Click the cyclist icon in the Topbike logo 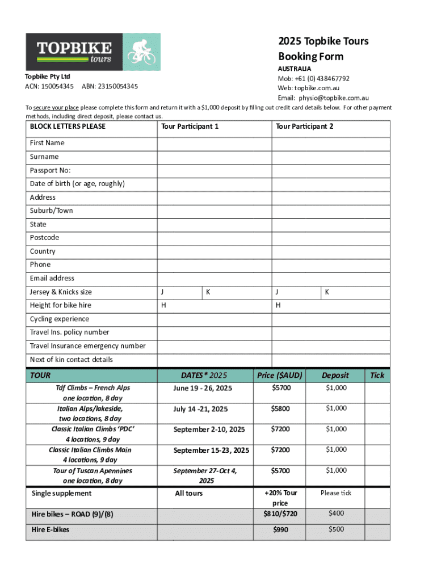tap(141, 52)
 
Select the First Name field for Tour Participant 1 tap(214, 144)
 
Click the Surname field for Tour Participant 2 tap(331, 157)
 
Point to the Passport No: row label tap(51, 170)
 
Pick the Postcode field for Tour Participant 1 tap(214, 238)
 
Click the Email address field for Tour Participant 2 tap(331, 279)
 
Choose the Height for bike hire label tap(61, 305)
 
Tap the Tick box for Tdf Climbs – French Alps tap(377, 393)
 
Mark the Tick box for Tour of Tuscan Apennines tap(377, 475)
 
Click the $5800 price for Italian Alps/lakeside tap(280, 409)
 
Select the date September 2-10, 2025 tap(209, 430)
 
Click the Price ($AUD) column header tap(280, 375)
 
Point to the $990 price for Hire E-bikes tap(280, 530)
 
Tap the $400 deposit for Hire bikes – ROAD tap(337, 514)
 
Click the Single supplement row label tap(62, 494)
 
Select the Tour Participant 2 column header tap(304, 127)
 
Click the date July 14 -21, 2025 tap(200, 409)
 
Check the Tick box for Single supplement tap(377, 497)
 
